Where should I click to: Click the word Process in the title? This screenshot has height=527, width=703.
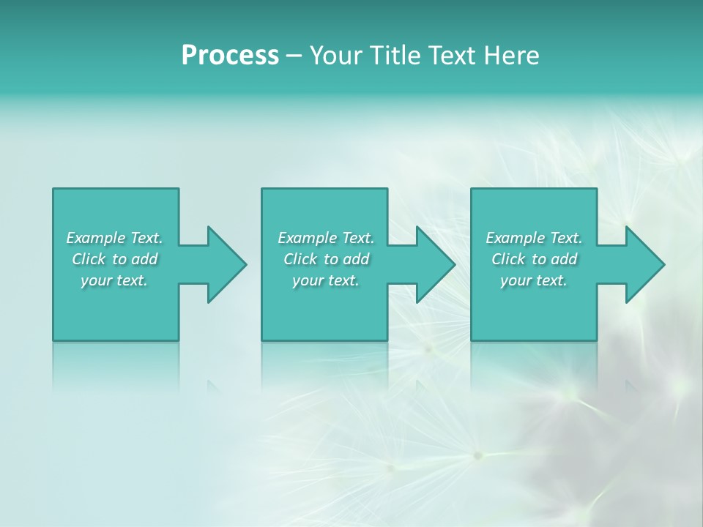pyautogui.click(x=230, y=56)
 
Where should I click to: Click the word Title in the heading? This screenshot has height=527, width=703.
pyautogui.click(x=389, y=56)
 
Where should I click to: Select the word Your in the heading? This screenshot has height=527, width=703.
pyautogui.click(x=334, y=56)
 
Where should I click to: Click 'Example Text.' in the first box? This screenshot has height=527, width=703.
pyautogui.click(x=114, y=238)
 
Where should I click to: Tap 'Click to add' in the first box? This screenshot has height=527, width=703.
pyautogui.click(x=114, y=259)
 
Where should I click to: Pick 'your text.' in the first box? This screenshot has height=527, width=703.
pyautogui.click(x=114, y=280)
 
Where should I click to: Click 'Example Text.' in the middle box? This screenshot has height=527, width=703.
pyautogui.click(x=325, y=238)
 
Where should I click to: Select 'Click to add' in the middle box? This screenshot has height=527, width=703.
pyautogui.click(x=325, y=259)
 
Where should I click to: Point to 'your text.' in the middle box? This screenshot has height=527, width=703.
pyautogui.click(x=325, y=280)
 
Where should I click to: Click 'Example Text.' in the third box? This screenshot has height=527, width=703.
pyautogui.click(x=534, y=238)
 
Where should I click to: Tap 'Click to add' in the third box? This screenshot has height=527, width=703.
pyautogui.click(x=534, y=259)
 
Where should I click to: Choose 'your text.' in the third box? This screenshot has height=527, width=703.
pyautogui.click(x=534, y=280)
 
